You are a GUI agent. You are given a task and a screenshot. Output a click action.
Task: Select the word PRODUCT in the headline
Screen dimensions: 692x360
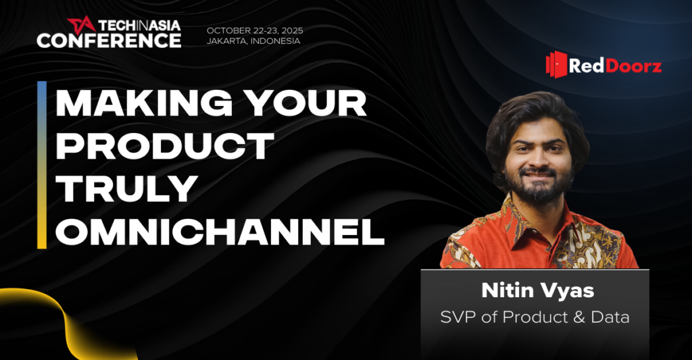coord(165,146)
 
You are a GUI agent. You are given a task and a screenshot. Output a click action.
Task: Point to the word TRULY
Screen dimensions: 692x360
coord(126,189)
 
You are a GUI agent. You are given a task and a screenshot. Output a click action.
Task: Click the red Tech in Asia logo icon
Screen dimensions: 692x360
coord(81,25)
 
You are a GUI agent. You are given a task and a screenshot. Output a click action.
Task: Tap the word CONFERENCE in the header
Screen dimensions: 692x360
coord(109,41)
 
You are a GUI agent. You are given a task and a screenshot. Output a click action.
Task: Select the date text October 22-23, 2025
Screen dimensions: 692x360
coord(255,30)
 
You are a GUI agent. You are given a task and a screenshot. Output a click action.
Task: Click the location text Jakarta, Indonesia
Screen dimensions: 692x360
coord(253,41)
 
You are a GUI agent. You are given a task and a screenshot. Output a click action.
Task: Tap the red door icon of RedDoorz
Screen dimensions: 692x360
coord(556,64)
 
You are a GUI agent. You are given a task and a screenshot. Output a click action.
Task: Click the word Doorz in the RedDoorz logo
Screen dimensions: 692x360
coord(633,66)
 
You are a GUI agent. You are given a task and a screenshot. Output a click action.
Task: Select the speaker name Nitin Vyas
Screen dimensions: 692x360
coord(537,290)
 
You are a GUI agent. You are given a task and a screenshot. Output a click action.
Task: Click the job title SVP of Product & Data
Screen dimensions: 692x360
coord(535,317)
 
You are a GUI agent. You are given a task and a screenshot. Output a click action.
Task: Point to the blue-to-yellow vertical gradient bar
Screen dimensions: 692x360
coord(42,165)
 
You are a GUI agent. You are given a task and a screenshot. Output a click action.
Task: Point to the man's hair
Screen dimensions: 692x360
coord(536,117)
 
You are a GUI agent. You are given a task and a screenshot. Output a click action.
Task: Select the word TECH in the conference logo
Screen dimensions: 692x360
coord(116,25)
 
